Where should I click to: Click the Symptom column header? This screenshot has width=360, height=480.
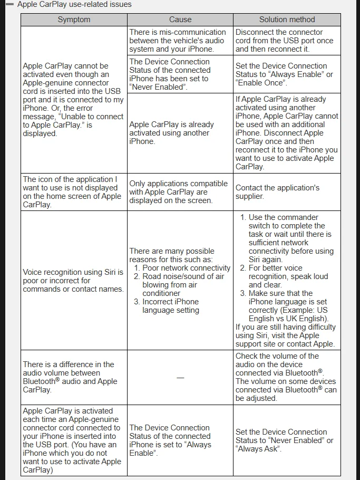pos(74,20)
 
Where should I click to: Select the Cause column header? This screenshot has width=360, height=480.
pos(180,20)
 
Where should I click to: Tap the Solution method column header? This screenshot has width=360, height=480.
pos(287,20)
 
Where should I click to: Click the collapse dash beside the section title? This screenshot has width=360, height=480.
pos(9,4)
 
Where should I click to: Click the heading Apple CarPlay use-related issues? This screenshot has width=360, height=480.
pos(74,4)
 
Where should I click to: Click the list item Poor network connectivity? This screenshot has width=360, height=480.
pos(186,268)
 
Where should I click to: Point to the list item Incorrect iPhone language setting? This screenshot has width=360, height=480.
pos(170,306)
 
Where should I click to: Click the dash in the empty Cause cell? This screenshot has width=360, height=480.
pos(180,377)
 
